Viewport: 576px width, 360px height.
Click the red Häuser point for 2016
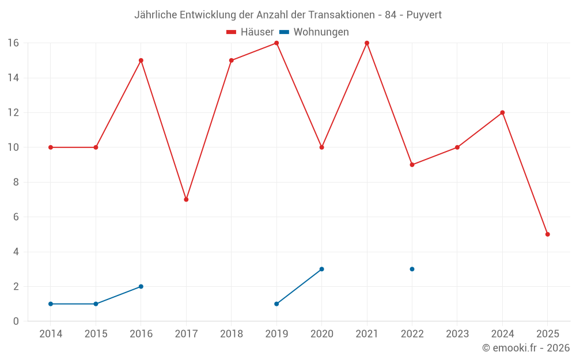click(x=141, y=60)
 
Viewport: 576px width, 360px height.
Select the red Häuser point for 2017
click(x=186, y=199)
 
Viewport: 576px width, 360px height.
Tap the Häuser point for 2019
click(x=276, y=43)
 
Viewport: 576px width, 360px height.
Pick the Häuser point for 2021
click(x=367, y=43)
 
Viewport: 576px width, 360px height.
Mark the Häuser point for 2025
click(x=548, y=234)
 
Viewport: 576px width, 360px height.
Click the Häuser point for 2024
click(x=502, y=112)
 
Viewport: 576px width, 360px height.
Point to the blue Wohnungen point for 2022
click(x=412, y=269)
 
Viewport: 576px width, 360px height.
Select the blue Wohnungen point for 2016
click(x=141, y=286)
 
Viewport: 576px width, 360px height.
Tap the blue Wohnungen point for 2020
click(x=321, y=269)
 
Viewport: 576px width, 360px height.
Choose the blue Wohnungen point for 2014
click(x=51, y=304)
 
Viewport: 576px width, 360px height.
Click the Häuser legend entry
click(x=250, y=32)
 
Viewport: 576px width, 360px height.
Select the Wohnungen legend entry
click(x=314, y=32)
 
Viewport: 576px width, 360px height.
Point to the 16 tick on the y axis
click(x=13, y=43)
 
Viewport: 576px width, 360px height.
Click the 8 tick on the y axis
click(x=16, y=182)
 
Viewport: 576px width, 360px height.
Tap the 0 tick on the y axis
click(x=16, y=321)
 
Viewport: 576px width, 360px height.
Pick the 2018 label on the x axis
click(x=232, y=334)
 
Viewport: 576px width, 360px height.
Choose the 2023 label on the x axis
click(x=457, y=334)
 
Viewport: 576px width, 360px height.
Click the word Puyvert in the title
click(x=424, y=15)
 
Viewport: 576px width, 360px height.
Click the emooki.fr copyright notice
click(x=526, y=348)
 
